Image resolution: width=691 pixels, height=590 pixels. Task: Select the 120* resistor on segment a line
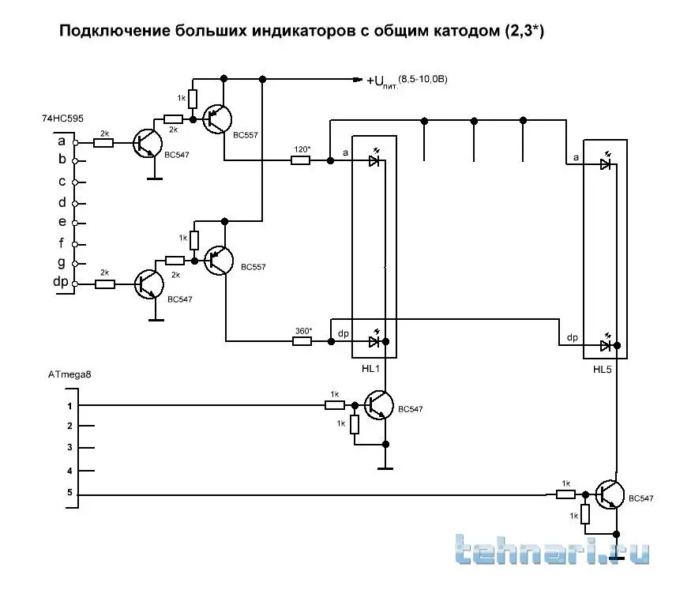(301, 160)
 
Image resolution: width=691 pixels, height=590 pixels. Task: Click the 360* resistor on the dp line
(301, 341)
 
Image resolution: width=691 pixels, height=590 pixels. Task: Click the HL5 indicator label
(604, 369)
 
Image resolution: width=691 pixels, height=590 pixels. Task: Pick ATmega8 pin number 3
(69, 448)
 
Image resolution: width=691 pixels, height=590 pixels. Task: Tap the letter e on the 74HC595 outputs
(61, 222)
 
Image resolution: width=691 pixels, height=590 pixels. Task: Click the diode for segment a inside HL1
(374, 161)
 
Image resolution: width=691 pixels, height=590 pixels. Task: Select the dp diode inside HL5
(606, 345)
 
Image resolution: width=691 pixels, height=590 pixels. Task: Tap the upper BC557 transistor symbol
(216, 118)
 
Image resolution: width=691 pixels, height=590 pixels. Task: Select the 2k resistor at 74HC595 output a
(103, 143)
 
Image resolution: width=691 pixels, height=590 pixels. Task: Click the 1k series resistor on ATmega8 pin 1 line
(335, 405)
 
